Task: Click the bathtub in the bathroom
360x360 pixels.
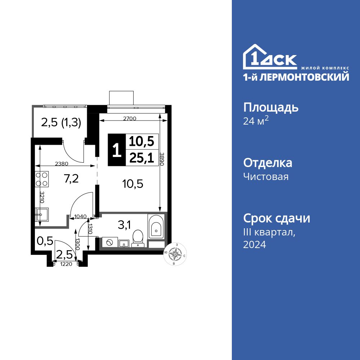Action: click(156, 226)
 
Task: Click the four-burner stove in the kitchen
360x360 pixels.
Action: click(42, 179)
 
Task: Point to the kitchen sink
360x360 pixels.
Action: click(40, 215)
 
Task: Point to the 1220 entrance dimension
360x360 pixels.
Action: click(65, 264)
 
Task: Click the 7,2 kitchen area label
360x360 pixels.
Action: click(71, 178)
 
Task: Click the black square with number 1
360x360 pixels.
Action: click(116, 150)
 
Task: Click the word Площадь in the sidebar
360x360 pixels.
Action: click(271, 107)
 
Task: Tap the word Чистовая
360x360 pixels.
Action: click(266, 176)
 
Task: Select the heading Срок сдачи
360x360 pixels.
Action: click(276, 218)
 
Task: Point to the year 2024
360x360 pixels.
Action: click(255, 245)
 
